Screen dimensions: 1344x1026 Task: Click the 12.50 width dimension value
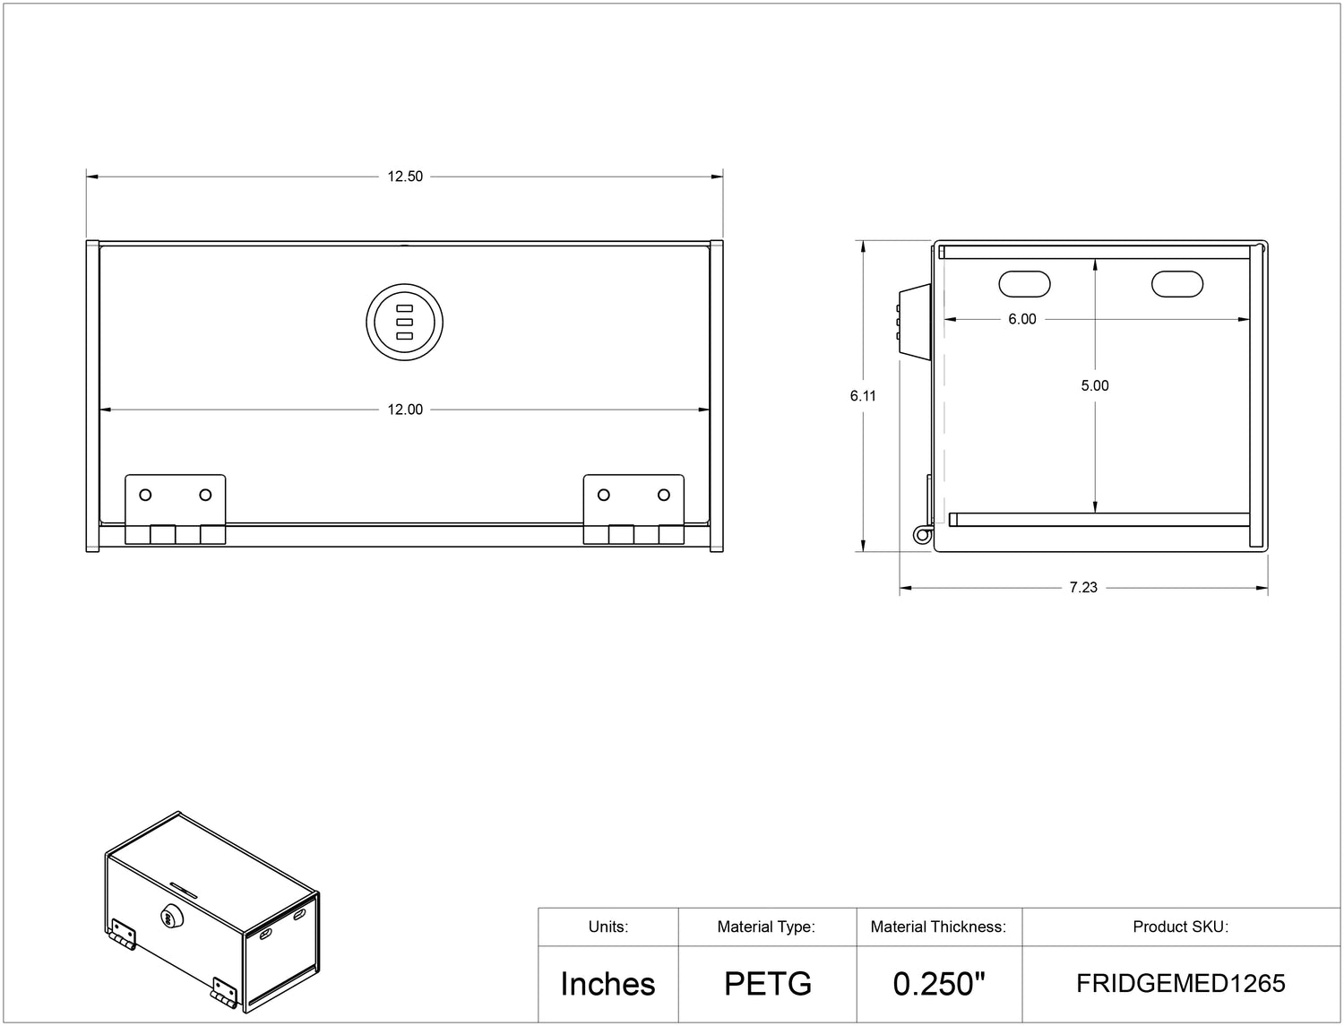pyautogui.click(x=405, y=177)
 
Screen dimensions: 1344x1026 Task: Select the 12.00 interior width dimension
pyautogui.click(x=405, y=410)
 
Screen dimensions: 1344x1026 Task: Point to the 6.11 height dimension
pyautogui.click(x=863, y=396)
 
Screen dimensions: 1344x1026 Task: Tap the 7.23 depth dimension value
pyautogui.click(x=1083, y=588)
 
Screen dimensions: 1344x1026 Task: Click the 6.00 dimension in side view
pyautogui.click(x=1022, y=320)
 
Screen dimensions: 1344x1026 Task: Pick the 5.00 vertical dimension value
pyautogui.click(x=1095, y=385)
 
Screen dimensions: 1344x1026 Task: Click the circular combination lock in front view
pyautogui.click(x=404, y=322)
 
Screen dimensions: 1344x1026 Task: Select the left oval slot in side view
pyautogui.click(x=1024, y=284)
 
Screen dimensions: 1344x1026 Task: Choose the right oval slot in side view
pyautogui.click(x=1176, y=284)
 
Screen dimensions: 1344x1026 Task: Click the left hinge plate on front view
pyautogui.click(x=175, y=509)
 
